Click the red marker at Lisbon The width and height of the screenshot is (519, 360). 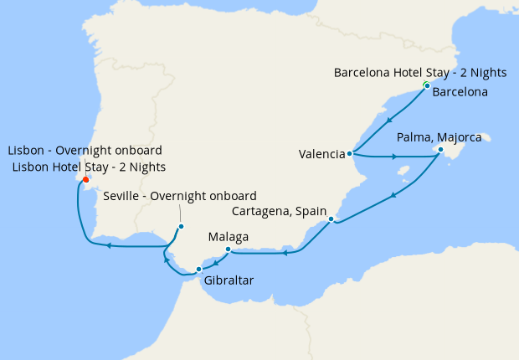coord(86,178)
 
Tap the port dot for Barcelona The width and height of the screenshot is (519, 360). coord(426,86)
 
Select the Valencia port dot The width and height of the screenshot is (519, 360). coord(350,154)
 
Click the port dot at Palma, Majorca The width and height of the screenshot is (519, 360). coord(441,150)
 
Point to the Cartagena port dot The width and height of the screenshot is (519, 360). coord(331,219)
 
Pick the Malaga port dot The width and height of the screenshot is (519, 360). coord(229,249)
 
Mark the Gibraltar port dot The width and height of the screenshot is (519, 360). coord(198,269)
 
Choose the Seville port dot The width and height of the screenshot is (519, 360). coord(181,226)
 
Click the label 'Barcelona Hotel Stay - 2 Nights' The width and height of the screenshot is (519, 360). coord(421,72)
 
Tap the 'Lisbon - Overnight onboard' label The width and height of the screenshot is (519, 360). coord(85,151)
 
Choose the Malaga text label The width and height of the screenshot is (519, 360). coord(229,237)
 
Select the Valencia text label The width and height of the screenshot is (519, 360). coord(321,154)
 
